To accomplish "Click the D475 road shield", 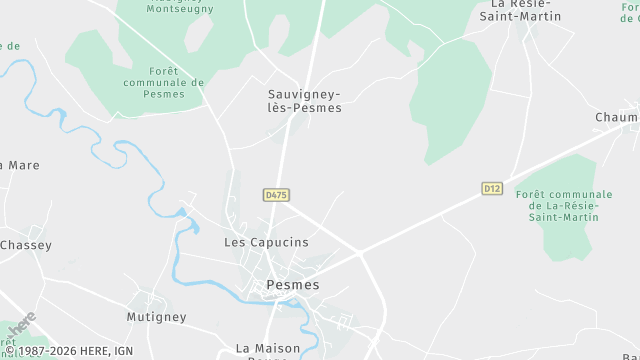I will (277, 195).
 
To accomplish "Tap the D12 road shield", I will (491, 188).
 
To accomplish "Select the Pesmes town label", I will (294, 285).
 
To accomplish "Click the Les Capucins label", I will (266, 243).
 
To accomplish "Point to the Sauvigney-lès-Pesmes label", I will (305, 100).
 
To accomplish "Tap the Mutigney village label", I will (156, 317).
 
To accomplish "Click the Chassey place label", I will (25, 245).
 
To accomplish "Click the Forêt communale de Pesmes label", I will (162, 82).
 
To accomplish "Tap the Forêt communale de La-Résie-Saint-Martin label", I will (565, 205).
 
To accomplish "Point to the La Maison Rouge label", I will (269, 350).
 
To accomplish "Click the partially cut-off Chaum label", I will (616, 118).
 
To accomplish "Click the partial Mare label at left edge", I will (20, 165).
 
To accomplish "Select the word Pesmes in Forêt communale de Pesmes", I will (165, 94).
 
